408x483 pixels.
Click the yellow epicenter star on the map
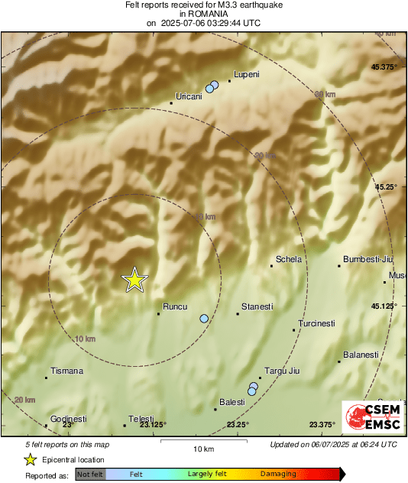[134, 280]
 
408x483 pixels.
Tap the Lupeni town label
[247, 74]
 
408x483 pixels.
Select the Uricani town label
[189, 96]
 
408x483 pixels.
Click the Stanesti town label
[257, 306]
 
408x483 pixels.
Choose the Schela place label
[289, 259]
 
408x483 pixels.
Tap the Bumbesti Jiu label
[368, 259]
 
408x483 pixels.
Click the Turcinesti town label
[316, 323]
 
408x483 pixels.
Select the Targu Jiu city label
[280, 371]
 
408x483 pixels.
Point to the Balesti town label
[232, 402]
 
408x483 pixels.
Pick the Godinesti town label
[69, 419]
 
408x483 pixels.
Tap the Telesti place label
[141, 419]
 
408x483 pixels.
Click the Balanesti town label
[361, 355]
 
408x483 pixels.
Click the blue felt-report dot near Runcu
[204, 319]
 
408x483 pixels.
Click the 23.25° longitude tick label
[238, 425]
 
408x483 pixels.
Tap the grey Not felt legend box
[90, 475]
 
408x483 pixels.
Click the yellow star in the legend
[31, 459]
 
